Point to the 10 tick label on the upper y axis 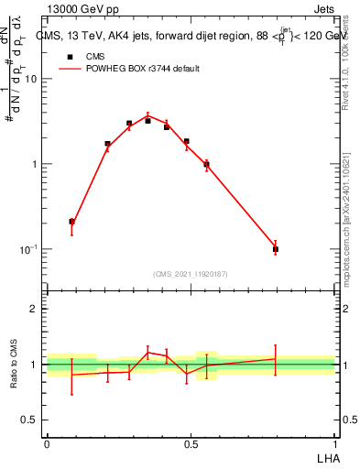[x=32, y=79]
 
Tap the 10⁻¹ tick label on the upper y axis [x=30, y=249]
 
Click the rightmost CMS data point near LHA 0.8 [x=276, y=248]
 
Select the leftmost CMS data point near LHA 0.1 [x=72, y=222]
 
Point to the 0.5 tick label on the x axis [x=191, y=443]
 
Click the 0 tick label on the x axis [x=47, y=443]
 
